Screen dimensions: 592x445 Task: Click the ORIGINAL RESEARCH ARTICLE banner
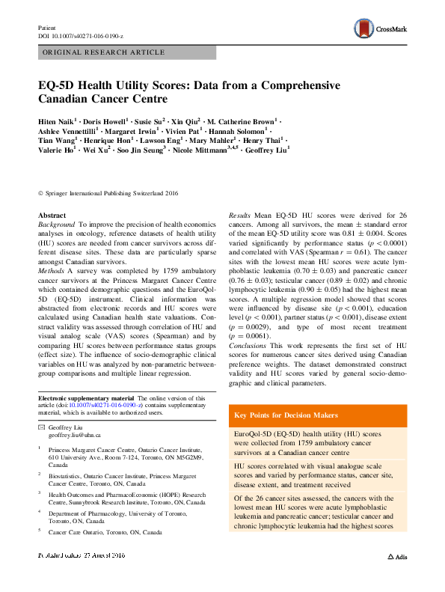click(x=104, y=52)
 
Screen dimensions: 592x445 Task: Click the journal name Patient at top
click(x=46, y=27)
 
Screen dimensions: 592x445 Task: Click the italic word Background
click(x=56, y=224)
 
